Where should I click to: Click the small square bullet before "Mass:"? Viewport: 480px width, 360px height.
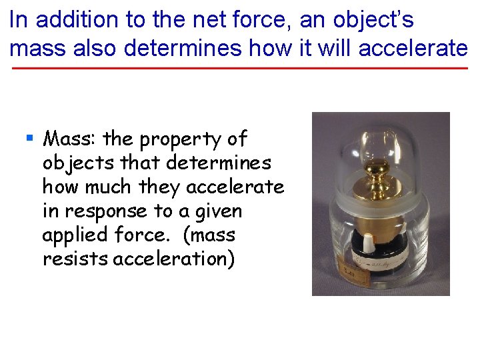(x=29, y=139)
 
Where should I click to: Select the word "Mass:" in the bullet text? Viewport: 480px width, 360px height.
(x=70, y=139)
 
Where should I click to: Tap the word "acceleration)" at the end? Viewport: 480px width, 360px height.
(x=174, y=259)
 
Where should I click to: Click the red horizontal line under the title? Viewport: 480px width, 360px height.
(x=240, y=69)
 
